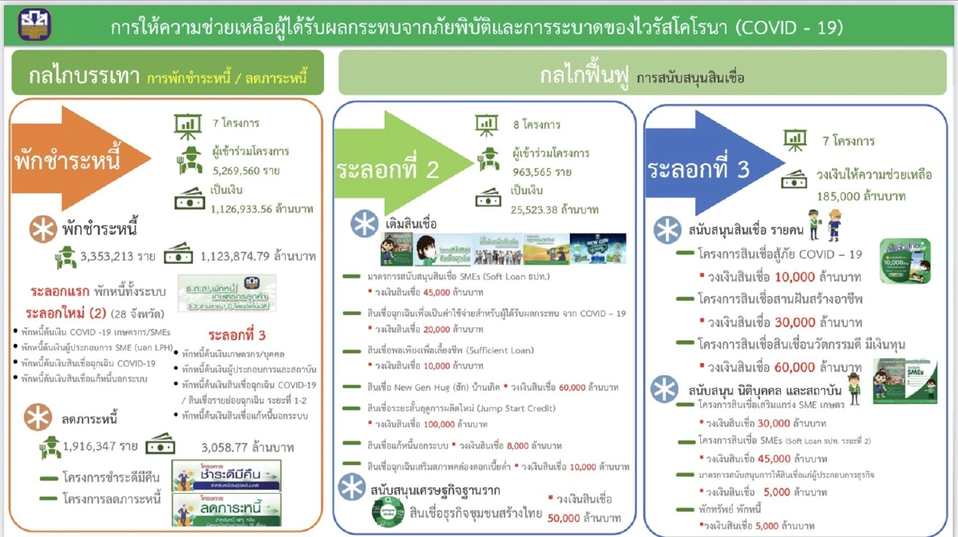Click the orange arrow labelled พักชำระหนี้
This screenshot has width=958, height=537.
(x=76, y=160)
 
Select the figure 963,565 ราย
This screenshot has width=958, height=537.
(x=542, y=172)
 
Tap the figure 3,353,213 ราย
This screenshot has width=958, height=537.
(x=118, y=256)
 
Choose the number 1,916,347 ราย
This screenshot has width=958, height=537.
(x=101, y=446)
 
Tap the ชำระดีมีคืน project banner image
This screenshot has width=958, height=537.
(x=227, y=475)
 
